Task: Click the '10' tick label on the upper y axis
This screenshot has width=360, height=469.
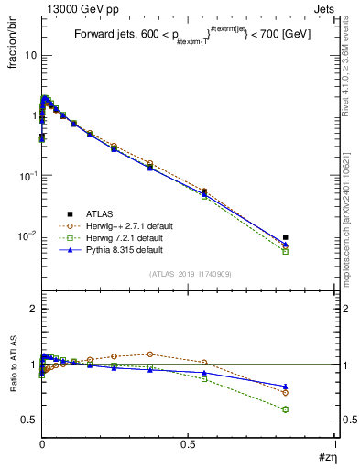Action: pos(29,56)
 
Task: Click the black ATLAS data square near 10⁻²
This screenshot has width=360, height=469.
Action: pos(286,237)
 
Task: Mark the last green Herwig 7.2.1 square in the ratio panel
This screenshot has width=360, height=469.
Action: pos(286,409)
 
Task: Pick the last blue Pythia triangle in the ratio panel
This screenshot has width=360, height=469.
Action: pos(286,387)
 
